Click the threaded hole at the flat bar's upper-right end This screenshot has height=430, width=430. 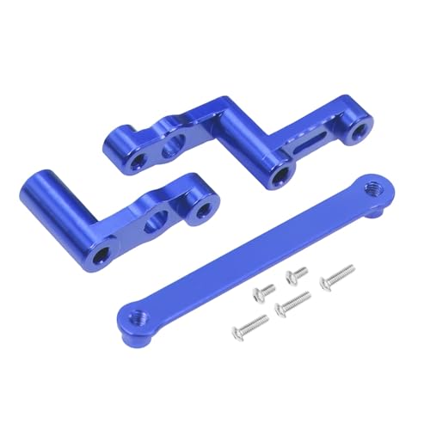pyautogui.click(x=372, y=186)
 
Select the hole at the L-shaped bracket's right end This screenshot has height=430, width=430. pyautogui.click(x=202, y=210)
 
